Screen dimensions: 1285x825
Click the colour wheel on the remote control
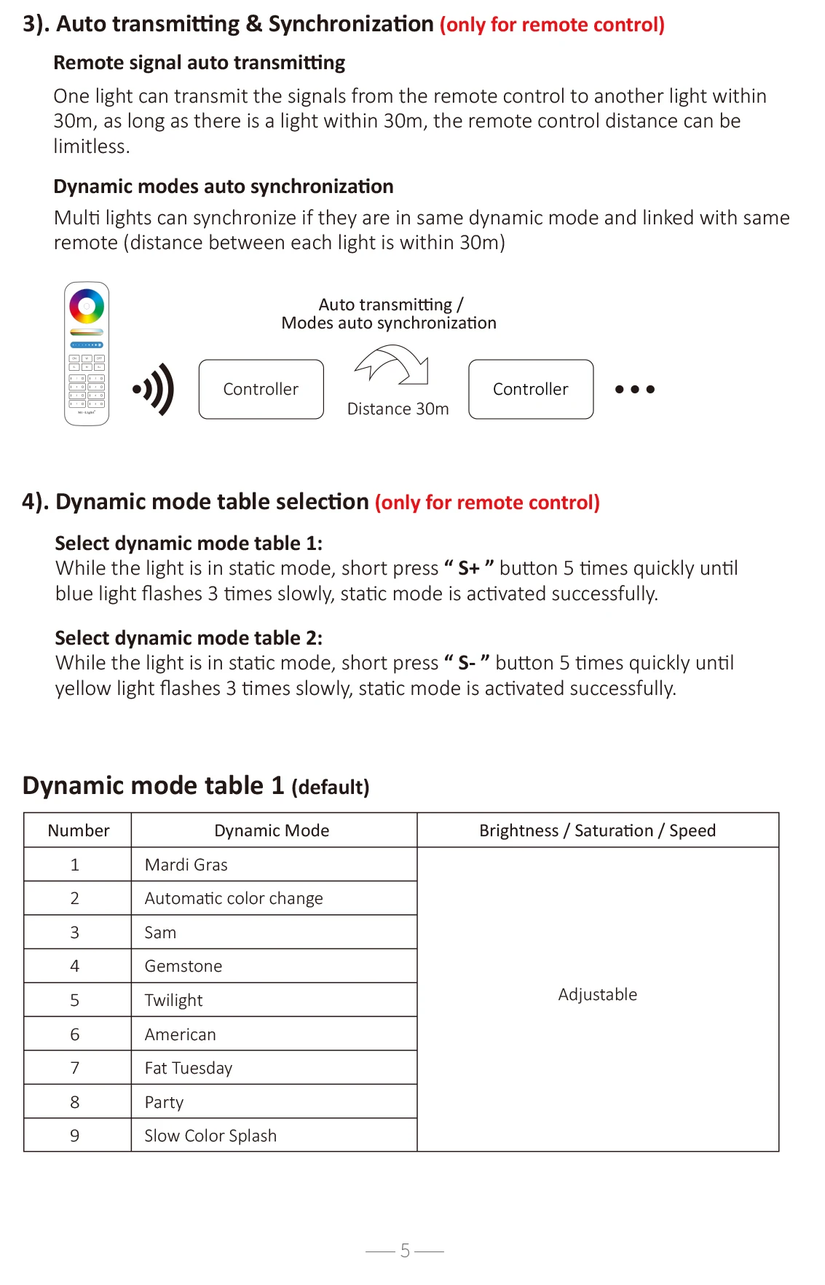pos(87,307)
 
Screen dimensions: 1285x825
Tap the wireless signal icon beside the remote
pos(154,389)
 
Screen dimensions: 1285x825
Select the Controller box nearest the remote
pos(261,389)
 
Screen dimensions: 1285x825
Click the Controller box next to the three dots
pos(531,389)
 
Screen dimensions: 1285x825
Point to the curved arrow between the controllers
pos(392,364)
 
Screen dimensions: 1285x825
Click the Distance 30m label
pos(398,409)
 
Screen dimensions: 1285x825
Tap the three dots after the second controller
pos(634,389)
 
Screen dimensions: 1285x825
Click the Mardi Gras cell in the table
pos(186,865)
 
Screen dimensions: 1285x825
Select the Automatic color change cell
pos(234,898)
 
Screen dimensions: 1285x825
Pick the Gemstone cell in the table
pos(183,966)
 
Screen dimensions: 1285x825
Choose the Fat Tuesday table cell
pos(189,1068)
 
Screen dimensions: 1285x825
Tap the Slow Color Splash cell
pos(210,1136)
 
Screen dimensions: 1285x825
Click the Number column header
pos(79,830)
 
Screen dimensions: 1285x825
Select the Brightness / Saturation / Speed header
pos(597,830)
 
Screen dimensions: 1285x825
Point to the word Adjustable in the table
pos(597,994)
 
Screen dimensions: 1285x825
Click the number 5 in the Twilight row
pos(74,1000)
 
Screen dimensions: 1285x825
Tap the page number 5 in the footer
pos(405,1251)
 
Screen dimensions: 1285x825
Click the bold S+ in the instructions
pos(469,568)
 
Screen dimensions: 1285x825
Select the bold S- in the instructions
pos(467,663)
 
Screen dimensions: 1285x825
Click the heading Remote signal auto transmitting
pos(200,63)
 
